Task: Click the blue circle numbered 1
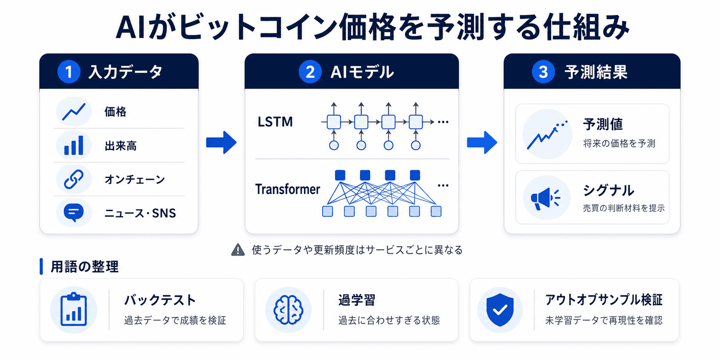coord(69,72)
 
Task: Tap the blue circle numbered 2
coord(310,72)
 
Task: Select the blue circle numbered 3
coord(543,72)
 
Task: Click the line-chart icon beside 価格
coord(73,112)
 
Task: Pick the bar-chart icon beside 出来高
coord(73,145)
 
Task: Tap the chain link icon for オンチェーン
coord(73,179)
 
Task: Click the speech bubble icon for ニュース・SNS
coord(73,212)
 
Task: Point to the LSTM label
coord(275,122)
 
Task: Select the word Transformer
coord(287,189)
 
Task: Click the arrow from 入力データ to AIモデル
coord(221,142)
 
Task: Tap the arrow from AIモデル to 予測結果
coord(482,142)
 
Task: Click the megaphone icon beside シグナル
coord(545,198)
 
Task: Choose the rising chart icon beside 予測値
coord(547,135)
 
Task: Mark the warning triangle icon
coord(238,250)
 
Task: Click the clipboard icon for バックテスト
coord(73,309)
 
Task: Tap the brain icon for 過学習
coord(288,310)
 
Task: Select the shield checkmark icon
coord(500,310)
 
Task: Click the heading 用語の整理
coord(84,267)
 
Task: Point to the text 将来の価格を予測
coord(619,143)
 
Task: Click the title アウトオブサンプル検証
coord(604,300)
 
